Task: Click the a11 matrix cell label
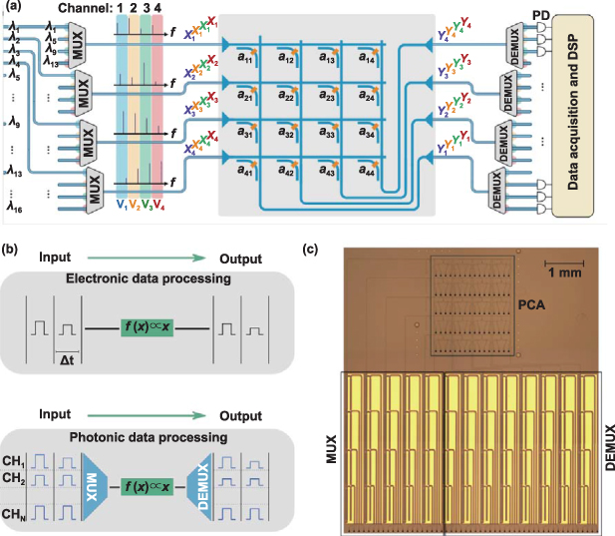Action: (x=244, y=59)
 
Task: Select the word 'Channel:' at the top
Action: (x=85, y=9)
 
